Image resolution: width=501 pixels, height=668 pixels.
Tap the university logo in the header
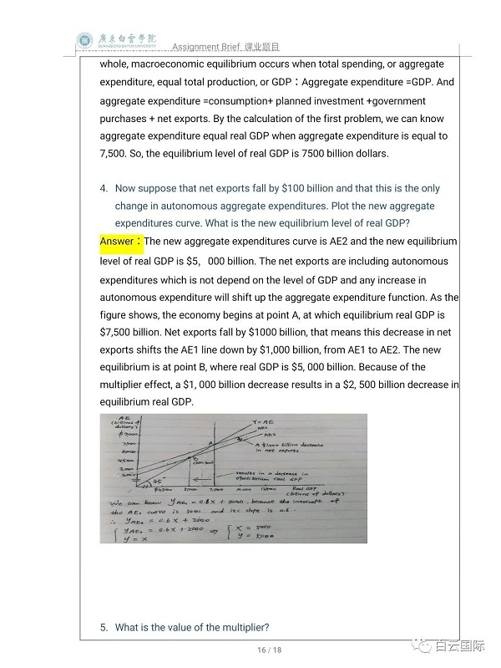[x=86, y=39]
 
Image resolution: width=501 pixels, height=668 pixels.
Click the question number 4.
[x=104, y=189]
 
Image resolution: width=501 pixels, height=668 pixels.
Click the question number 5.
[x=104, y=627]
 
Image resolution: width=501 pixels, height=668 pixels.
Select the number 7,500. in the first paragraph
[x=117, y=153]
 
